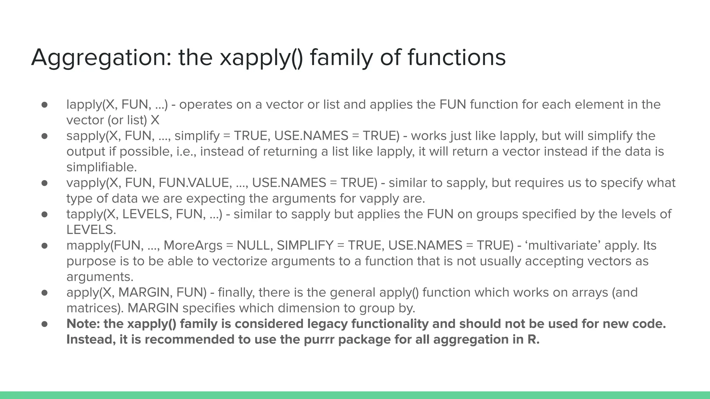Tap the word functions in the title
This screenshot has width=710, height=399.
click(456, 57)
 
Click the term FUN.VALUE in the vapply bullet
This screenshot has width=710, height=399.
click(196, 183)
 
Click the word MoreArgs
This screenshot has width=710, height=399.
click(193, 246)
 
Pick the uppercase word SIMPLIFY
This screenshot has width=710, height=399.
click(305, 246)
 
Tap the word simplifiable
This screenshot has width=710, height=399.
click(101, 167)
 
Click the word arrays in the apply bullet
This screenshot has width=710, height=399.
click(586, 293)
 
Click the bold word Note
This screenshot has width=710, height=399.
click(83, 324)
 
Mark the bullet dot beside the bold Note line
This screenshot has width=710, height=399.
click(44, 324)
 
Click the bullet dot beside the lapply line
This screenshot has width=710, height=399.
click(44, 105)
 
